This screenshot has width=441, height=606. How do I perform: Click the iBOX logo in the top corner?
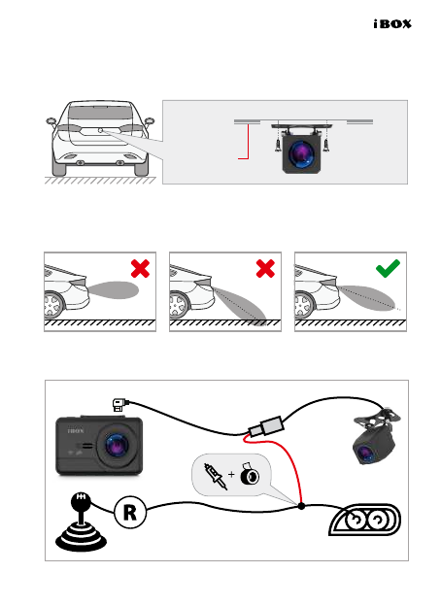(x=392, y=24)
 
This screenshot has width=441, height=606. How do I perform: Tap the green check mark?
(x=388, y=268)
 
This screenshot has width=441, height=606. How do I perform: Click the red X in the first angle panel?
(x=140, y=269)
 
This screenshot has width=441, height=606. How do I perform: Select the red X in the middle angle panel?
(x=265, y=269)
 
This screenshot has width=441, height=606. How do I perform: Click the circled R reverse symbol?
(x=130, y=513)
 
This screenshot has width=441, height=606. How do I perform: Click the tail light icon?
(x=365, y=520)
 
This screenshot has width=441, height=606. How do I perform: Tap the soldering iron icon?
(x=216, y=476)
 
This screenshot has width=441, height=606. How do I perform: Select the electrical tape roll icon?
(x=250, y=474)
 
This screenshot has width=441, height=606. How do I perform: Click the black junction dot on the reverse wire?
(x=301, y=506)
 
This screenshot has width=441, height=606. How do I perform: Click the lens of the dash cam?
(x=117, y=445)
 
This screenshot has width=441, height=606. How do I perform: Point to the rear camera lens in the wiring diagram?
(x=365, y=454)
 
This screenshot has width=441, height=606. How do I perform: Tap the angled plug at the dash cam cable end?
(x=119, y=405)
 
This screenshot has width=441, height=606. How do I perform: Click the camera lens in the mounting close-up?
(x=301, y=153)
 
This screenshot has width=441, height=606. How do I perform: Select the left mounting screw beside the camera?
(x=278, y=145)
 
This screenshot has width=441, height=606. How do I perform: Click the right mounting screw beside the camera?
(x=326, y=145)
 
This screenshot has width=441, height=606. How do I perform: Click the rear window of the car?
(x=100, y=112)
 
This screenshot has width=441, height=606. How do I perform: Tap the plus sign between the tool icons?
(x=231, y=474)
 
